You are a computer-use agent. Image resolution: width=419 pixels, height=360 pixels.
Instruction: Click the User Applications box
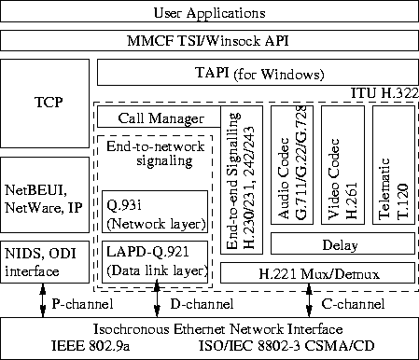coord(209,14)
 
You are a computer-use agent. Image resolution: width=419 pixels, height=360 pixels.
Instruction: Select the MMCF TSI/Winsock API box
coord(209,43)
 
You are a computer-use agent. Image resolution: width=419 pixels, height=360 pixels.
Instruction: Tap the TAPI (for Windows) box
coord(256,73)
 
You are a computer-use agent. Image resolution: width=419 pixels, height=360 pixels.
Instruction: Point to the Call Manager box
coord(161,118)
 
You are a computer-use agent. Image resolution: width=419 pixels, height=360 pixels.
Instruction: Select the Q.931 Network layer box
coord(156,214)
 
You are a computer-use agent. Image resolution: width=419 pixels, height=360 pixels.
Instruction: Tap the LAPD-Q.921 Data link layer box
coord(156,262)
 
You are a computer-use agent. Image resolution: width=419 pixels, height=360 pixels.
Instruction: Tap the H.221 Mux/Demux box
coord(315,273)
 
